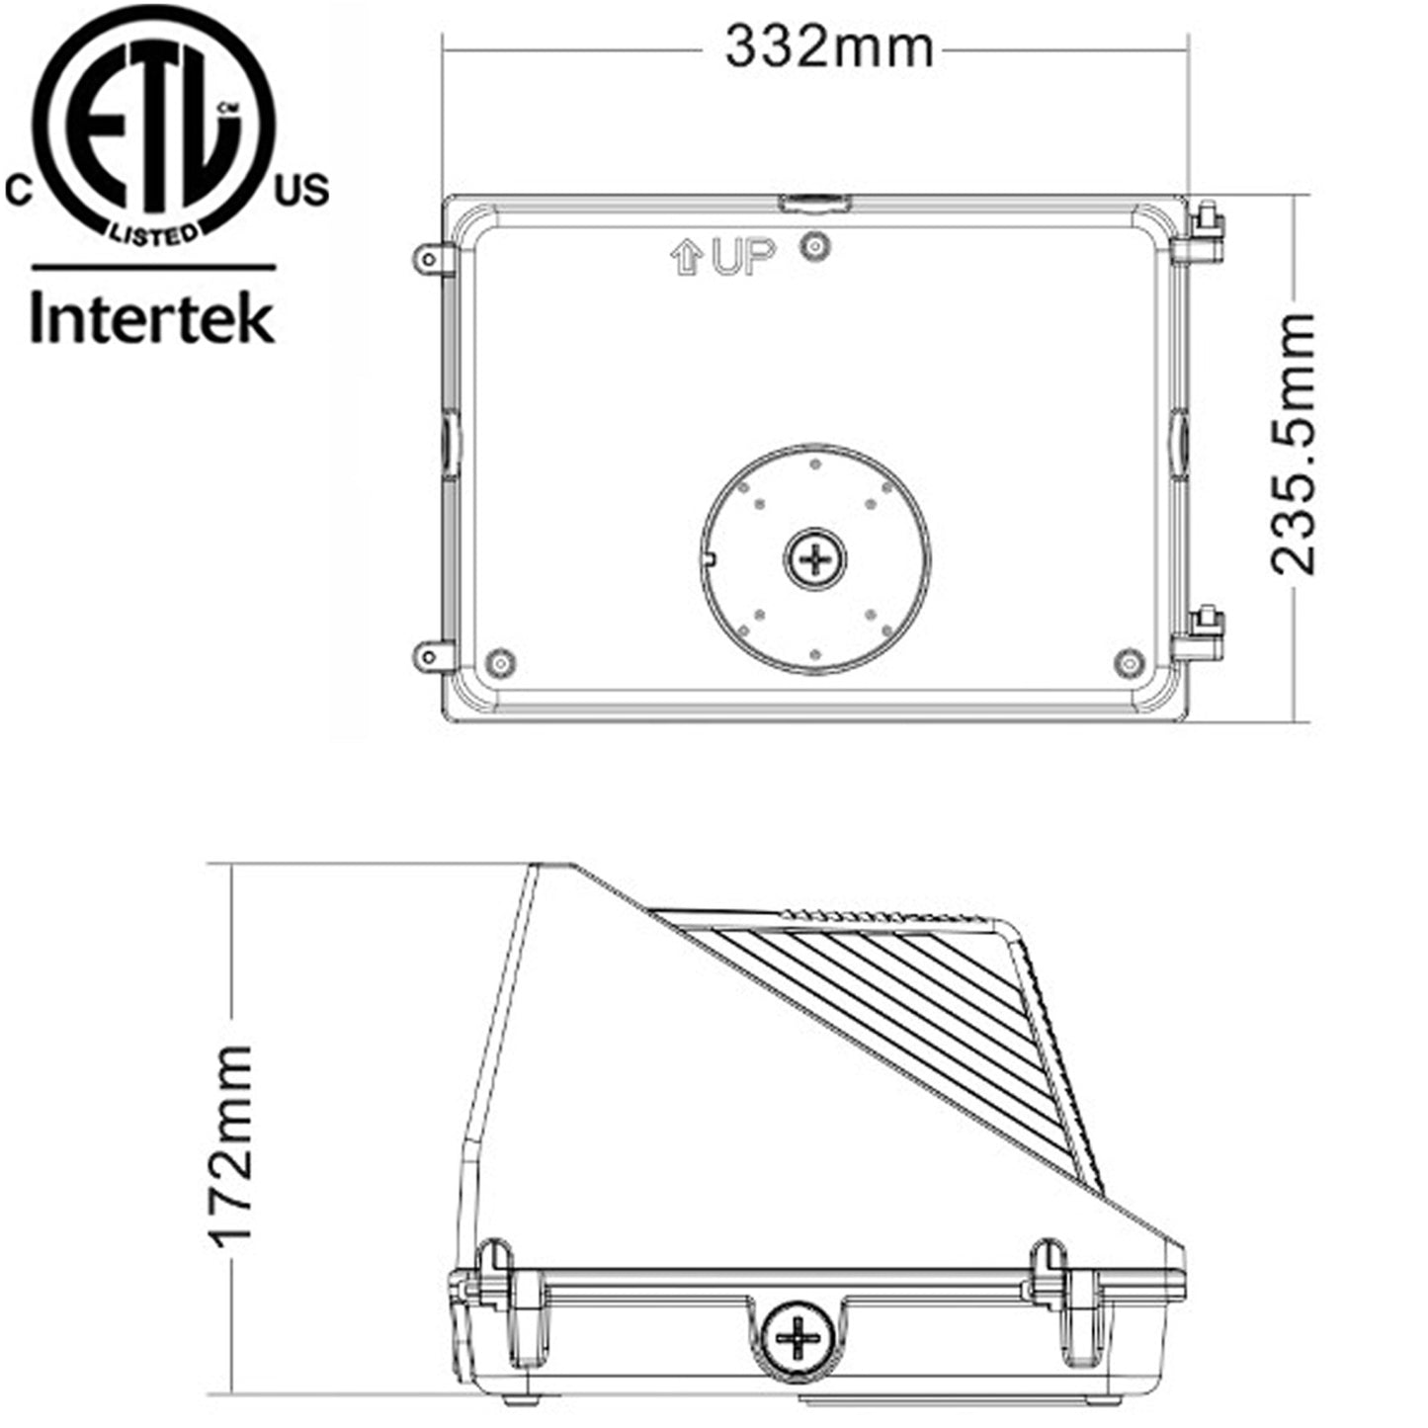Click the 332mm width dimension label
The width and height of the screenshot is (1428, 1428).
(828, 46)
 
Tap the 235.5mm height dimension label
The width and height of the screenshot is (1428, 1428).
(1295, 444)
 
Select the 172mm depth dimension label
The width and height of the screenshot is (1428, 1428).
(231, 1144)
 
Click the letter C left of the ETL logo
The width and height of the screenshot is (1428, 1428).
(19, 191)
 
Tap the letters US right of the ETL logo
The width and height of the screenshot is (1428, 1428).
(301, 190)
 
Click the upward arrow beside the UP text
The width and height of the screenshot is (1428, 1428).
(686, 259)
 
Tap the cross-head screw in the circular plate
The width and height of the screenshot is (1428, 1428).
(815, 560)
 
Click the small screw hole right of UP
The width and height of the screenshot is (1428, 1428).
(815, 247)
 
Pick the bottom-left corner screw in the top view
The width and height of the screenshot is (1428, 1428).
(501, 661)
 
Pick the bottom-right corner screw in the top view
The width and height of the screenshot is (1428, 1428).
(1129, 662)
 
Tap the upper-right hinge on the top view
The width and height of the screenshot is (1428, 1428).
(1203, 235)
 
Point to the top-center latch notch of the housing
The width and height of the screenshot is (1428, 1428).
(814, 204)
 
